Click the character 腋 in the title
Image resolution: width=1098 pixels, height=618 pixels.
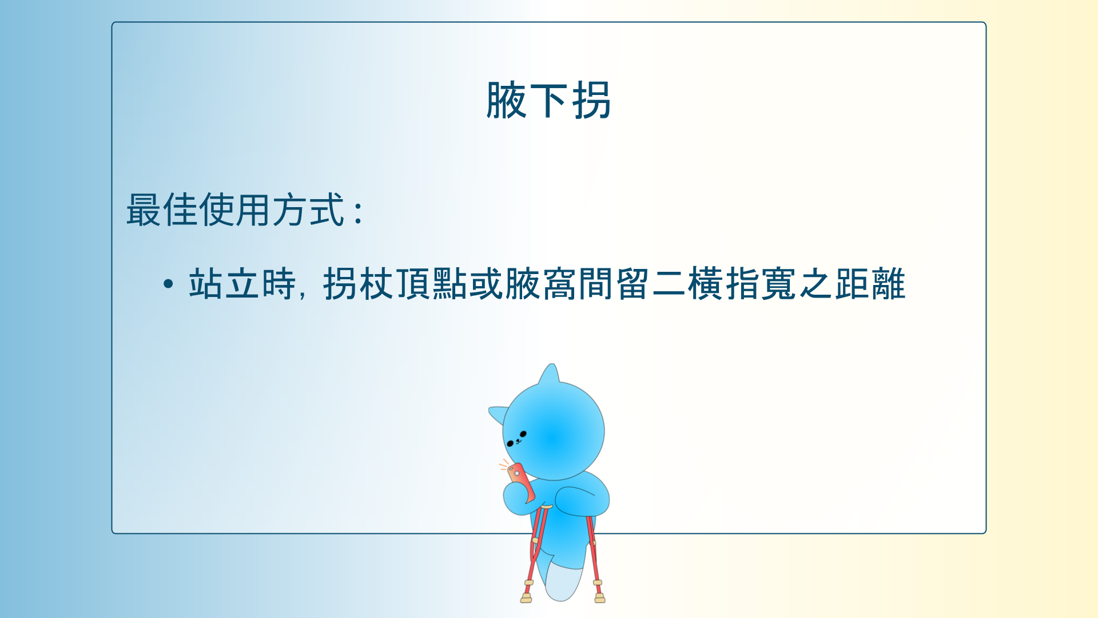coord(506,101)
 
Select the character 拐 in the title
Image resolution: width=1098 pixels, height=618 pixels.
coord(592,101)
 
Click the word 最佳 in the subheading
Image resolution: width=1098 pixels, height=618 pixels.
coord(162,210)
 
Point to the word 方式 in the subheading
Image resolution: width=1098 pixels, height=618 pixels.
coord(308,210)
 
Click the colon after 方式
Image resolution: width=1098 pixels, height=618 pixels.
coord(359,212)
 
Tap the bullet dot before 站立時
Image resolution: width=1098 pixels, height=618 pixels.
coord(168,284)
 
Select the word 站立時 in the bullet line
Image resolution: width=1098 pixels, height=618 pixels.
coord(242,284)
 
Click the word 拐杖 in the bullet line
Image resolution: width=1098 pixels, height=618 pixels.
coord(359,284)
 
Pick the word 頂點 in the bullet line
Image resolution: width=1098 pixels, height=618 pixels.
coord(432,284)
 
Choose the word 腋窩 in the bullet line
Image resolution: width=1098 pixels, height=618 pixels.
coord(540,284)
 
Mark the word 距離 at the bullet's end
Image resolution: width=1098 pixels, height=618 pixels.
coord(870,284)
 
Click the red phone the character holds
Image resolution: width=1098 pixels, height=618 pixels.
coord(520,481)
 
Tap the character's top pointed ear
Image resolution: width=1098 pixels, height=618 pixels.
coord(550,375)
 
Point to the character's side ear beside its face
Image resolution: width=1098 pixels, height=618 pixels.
coord(498,413)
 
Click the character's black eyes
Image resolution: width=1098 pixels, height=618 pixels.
coord(516,438)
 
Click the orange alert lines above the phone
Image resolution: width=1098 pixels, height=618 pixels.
coord(504,464)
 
